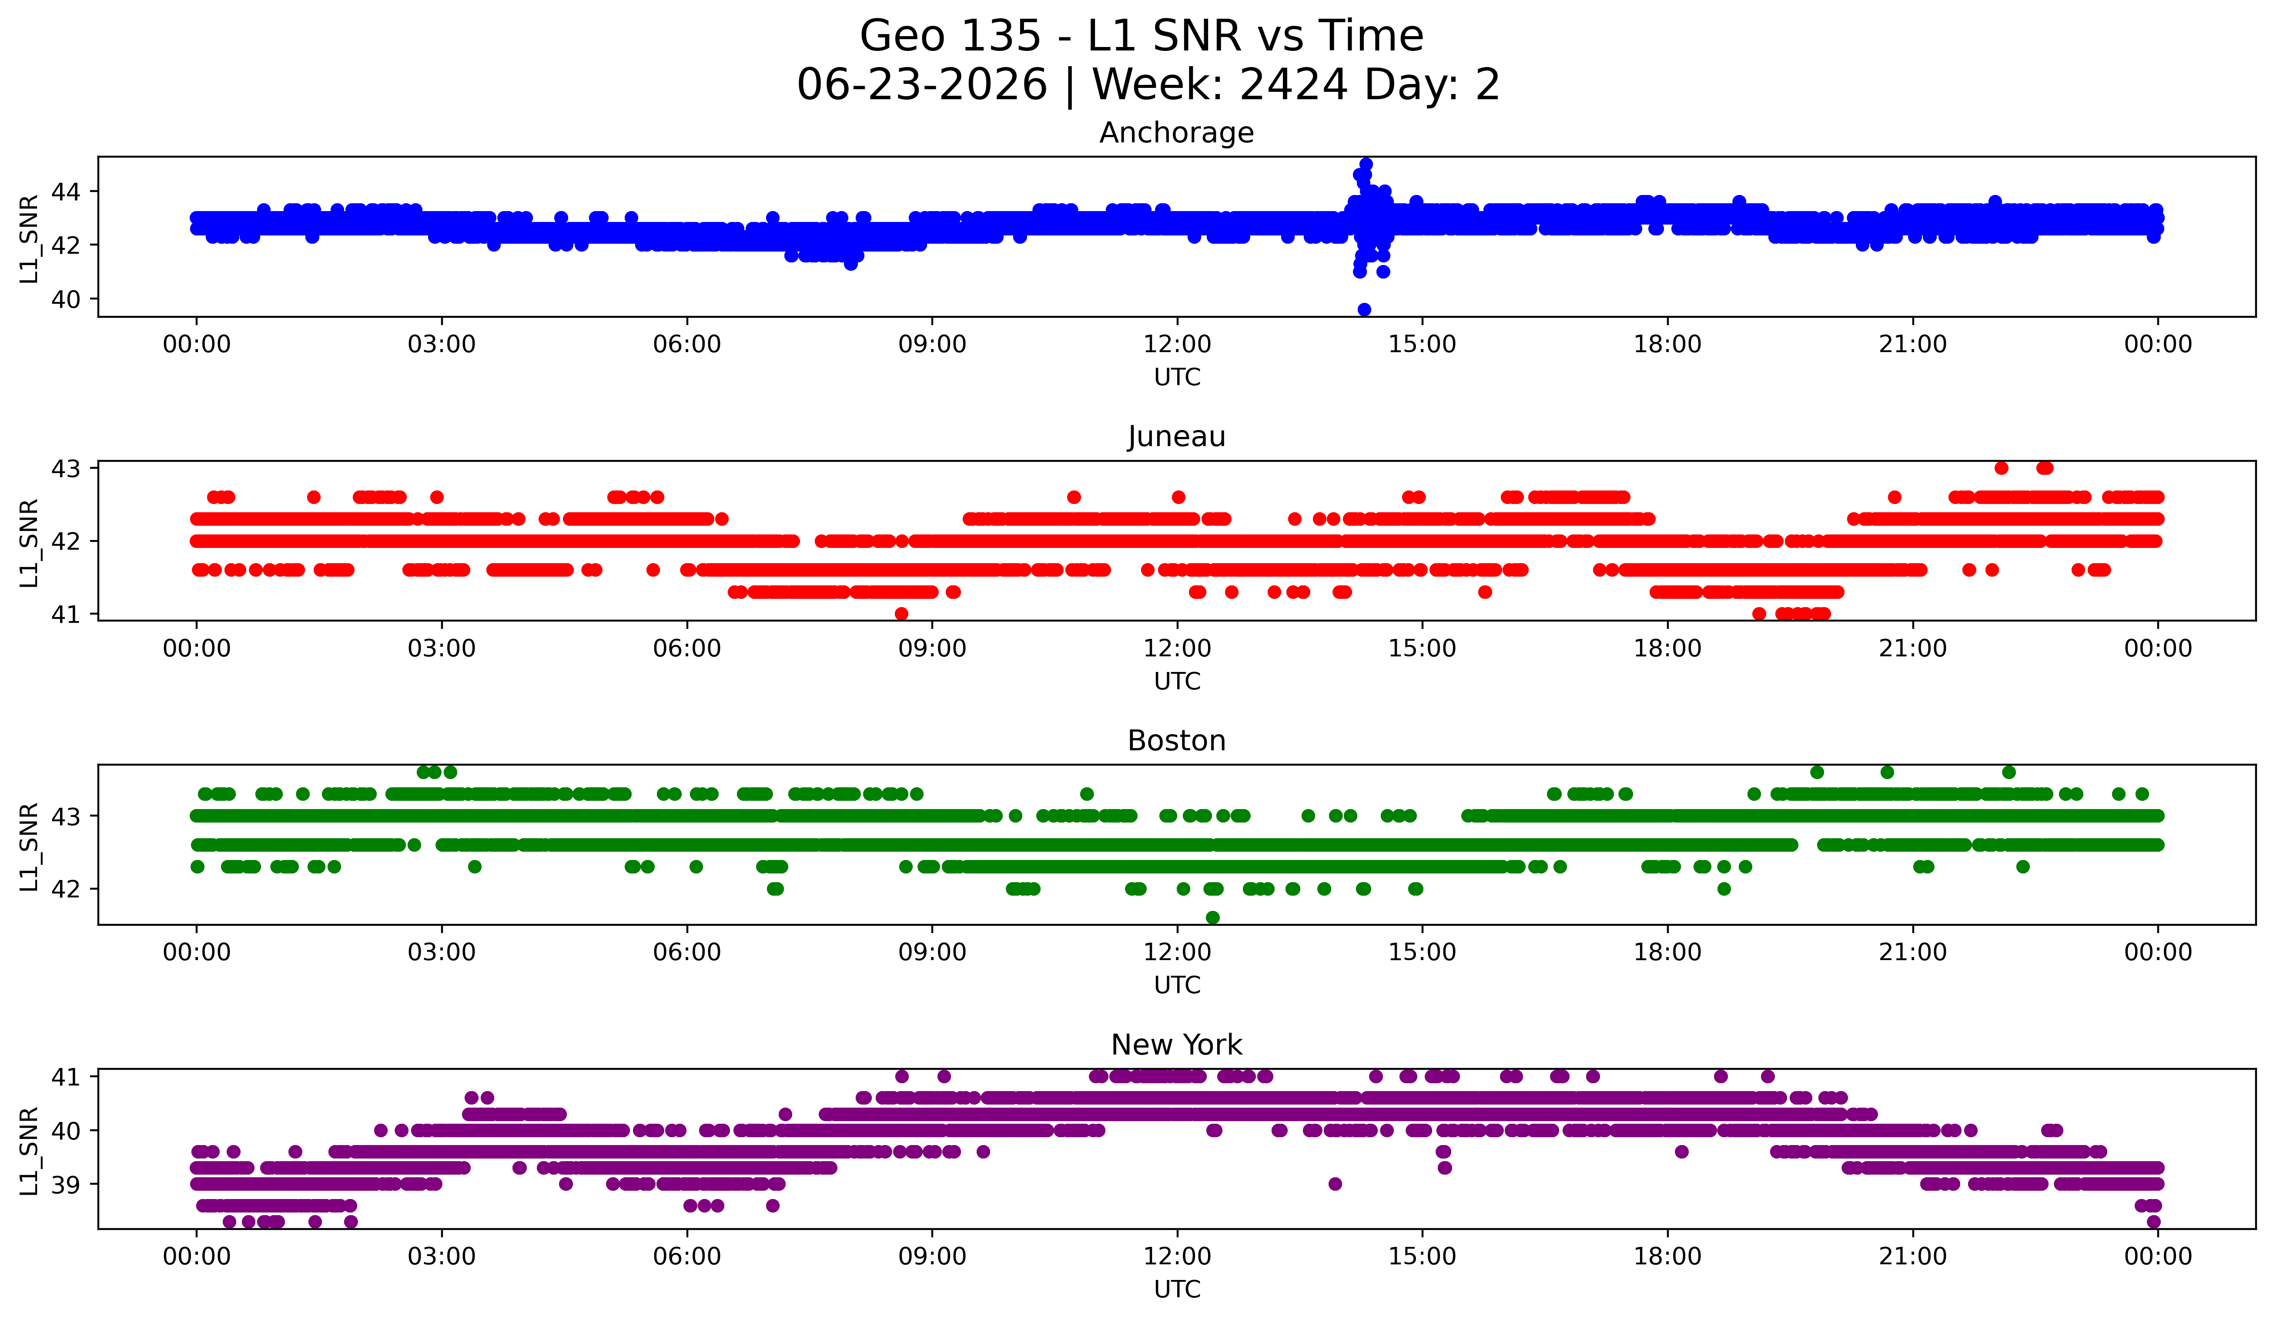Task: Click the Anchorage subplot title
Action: click(1176, 133)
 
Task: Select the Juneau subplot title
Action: click(1176, 437)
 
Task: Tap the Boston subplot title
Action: click(1176, 741)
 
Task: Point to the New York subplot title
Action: click(1176, 1045)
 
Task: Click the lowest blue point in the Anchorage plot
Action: click(1364, 309)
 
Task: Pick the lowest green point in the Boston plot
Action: click(1212, 917)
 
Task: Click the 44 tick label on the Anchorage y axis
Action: click(66, 191)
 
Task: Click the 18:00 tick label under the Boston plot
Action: click(1667, 952)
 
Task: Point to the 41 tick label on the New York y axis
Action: click(66, 1076)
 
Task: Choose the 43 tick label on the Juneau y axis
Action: click(66, 468)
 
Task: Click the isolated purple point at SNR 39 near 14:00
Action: click(1335, 1184)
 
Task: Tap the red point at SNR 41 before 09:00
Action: click(901, 614)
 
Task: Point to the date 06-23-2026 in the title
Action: click(922, 85)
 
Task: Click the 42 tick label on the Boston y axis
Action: click(66, 889)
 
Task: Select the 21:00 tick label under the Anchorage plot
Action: click(1912, 344)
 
